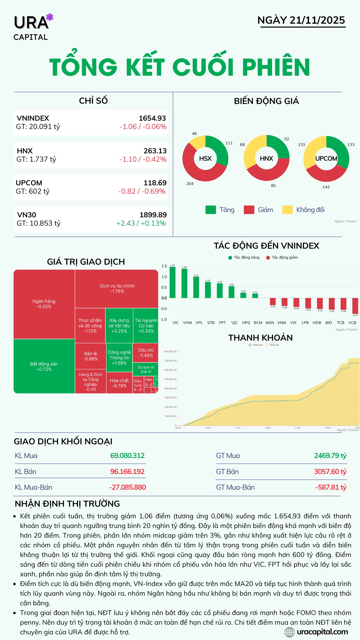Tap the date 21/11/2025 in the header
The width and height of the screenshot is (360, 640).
tap(317, 20)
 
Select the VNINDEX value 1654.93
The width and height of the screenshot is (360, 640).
tap(152, 118)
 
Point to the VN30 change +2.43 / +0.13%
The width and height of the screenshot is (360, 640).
tap(141, 223)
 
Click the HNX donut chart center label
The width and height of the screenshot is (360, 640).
tap(266, 159)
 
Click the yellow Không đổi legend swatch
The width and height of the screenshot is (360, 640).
tap(287, 210)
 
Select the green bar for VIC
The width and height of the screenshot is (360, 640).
tap(172, 282)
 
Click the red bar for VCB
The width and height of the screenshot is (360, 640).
tap(355, 306)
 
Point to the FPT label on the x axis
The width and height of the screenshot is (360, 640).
tap(222, 323)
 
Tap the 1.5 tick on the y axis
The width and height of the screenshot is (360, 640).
tap(164, 266)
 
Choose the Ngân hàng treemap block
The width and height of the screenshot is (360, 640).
tap(44, 304)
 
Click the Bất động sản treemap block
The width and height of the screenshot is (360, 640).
tap(44, 366)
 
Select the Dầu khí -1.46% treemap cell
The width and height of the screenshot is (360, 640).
tap(146, 353)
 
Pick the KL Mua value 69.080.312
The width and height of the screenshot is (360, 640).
tap(127, 456)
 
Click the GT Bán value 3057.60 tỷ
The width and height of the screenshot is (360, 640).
tap(330, 472)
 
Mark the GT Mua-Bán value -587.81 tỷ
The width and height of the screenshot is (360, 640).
tap(331, 487)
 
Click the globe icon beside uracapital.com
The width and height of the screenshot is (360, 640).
tap(289, 632)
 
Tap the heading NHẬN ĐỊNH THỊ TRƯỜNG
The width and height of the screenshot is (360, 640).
tap(67, 504)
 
